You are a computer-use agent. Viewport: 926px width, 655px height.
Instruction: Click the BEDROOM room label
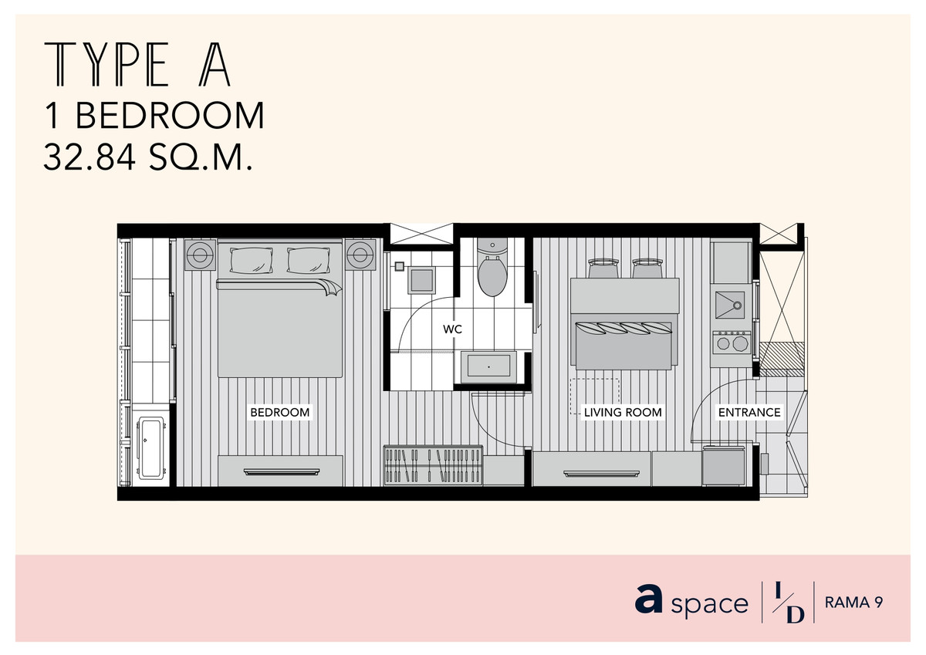tap(280, 412)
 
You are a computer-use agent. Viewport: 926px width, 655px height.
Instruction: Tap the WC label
tap(452, 329)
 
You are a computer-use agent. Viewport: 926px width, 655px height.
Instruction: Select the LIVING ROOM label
tap(623, 412)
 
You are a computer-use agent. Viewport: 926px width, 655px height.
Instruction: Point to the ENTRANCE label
tap(749, 412)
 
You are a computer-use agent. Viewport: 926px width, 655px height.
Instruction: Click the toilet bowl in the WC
tap(492, 275)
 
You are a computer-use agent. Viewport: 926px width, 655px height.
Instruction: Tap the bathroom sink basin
tap(488, 366)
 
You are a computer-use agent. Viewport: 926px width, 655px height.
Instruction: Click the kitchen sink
tap(730, 305)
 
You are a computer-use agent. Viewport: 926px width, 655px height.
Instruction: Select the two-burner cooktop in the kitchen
tap(732, 343)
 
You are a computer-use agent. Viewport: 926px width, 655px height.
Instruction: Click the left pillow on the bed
tap(252, 260)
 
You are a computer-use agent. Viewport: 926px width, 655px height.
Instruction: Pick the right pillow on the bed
tap(309, 260)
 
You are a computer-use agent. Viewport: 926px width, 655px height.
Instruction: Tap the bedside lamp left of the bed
tap(200, 255)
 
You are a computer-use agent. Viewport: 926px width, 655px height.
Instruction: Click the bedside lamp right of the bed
tap(360, 255)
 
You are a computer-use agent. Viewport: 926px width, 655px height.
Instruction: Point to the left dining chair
tap(603, 268)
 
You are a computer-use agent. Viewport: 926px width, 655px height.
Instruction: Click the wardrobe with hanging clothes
tap(433, 465)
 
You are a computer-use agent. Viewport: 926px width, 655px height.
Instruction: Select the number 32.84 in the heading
tap(90, 157)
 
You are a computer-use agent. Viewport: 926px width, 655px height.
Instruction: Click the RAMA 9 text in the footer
tap(854, 603)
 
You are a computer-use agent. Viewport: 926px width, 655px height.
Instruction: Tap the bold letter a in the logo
tap(648, 599)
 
